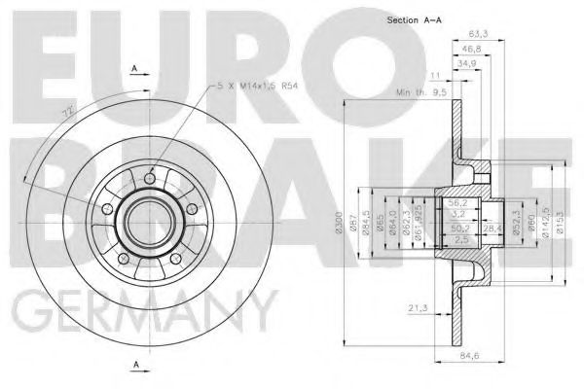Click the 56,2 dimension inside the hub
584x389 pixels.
pos(454,203)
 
